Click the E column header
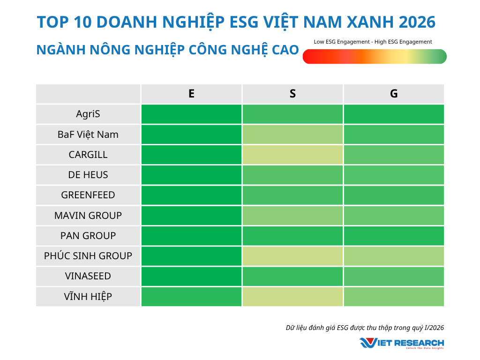[x=191, y=94]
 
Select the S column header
[x=292, y=94]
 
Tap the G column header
[x=394, y=94]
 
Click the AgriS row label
[x=88, y=114]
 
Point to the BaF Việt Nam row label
[x=88, y=135]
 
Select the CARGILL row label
[x=88, y=155]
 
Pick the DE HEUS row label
[x=88, y=175]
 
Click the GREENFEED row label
[x=88, y=195]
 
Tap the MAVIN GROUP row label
[x=88, y=216]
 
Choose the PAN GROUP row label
[x=88, y=236]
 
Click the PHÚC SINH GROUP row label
[x=88, y=256]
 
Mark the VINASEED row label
[x=88, y=276]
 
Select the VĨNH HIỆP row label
[x=88, y=297]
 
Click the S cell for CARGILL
[x=292, y=155]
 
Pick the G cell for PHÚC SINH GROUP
[x=394, y=256]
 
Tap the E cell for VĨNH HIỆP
[x=191, y=297]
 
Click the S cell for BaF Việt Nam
[x=292, y=135]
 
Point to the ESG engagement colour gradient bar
[x=375, y=56]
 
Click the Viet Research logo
[x=402, y=343]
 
